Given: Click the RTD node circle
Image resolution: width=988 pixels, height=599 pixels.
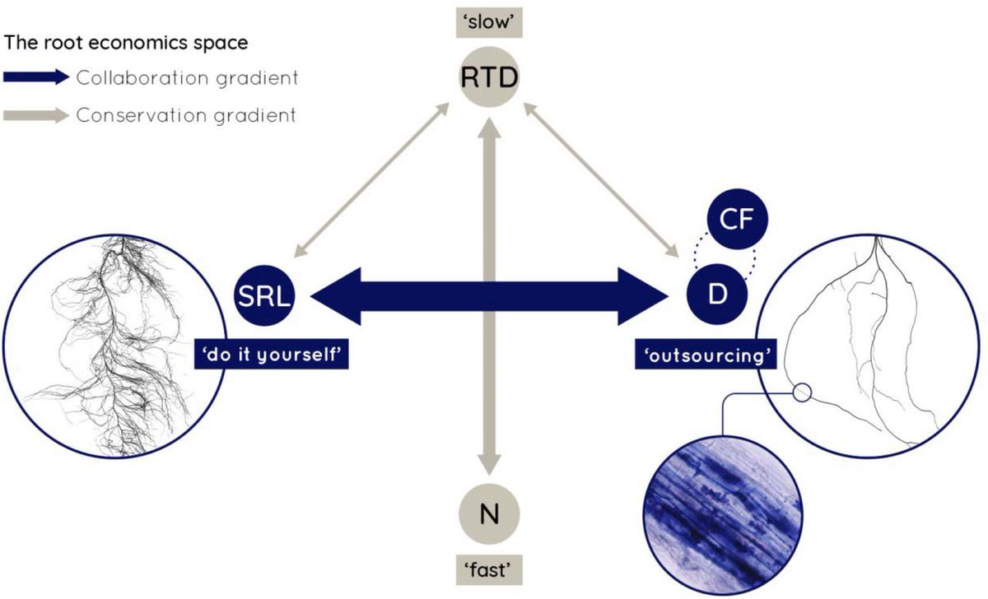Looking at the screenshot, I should pyautogui.click(x=491, y=79).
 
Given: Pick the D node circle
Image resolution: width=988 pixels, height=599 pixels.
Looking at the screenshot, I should pyautogui.click(x=717, y=292).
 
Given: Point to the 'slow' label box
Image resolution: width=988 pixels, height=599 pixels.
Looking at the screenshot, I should pyautogui.click(x=491, y=21).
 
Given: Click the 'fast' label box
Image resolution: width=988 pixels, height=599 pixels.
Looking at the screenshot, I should pyautogui.click(x=490, y=569).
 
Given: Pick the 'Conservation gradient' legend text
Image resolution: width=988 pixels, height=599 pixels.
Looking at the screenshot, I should pyautogui.click(x=185, y=115).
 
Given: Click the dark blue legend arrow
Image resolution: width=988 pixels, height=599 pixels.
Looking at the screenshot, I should pyautogui.click(x=36, y=78).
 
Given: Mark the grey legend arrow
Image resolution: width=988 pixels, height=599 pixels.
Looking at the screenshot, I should pyautogui.click(x=36, y=115).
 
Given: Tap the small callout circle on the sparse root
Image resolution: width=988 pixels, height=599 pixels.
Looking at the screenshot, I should pyautogui.click(x=803, y=392).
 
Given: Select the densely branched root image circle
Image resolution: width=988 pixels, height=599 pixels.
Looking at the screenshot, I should pyautogui.click(x=115, y=345).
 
